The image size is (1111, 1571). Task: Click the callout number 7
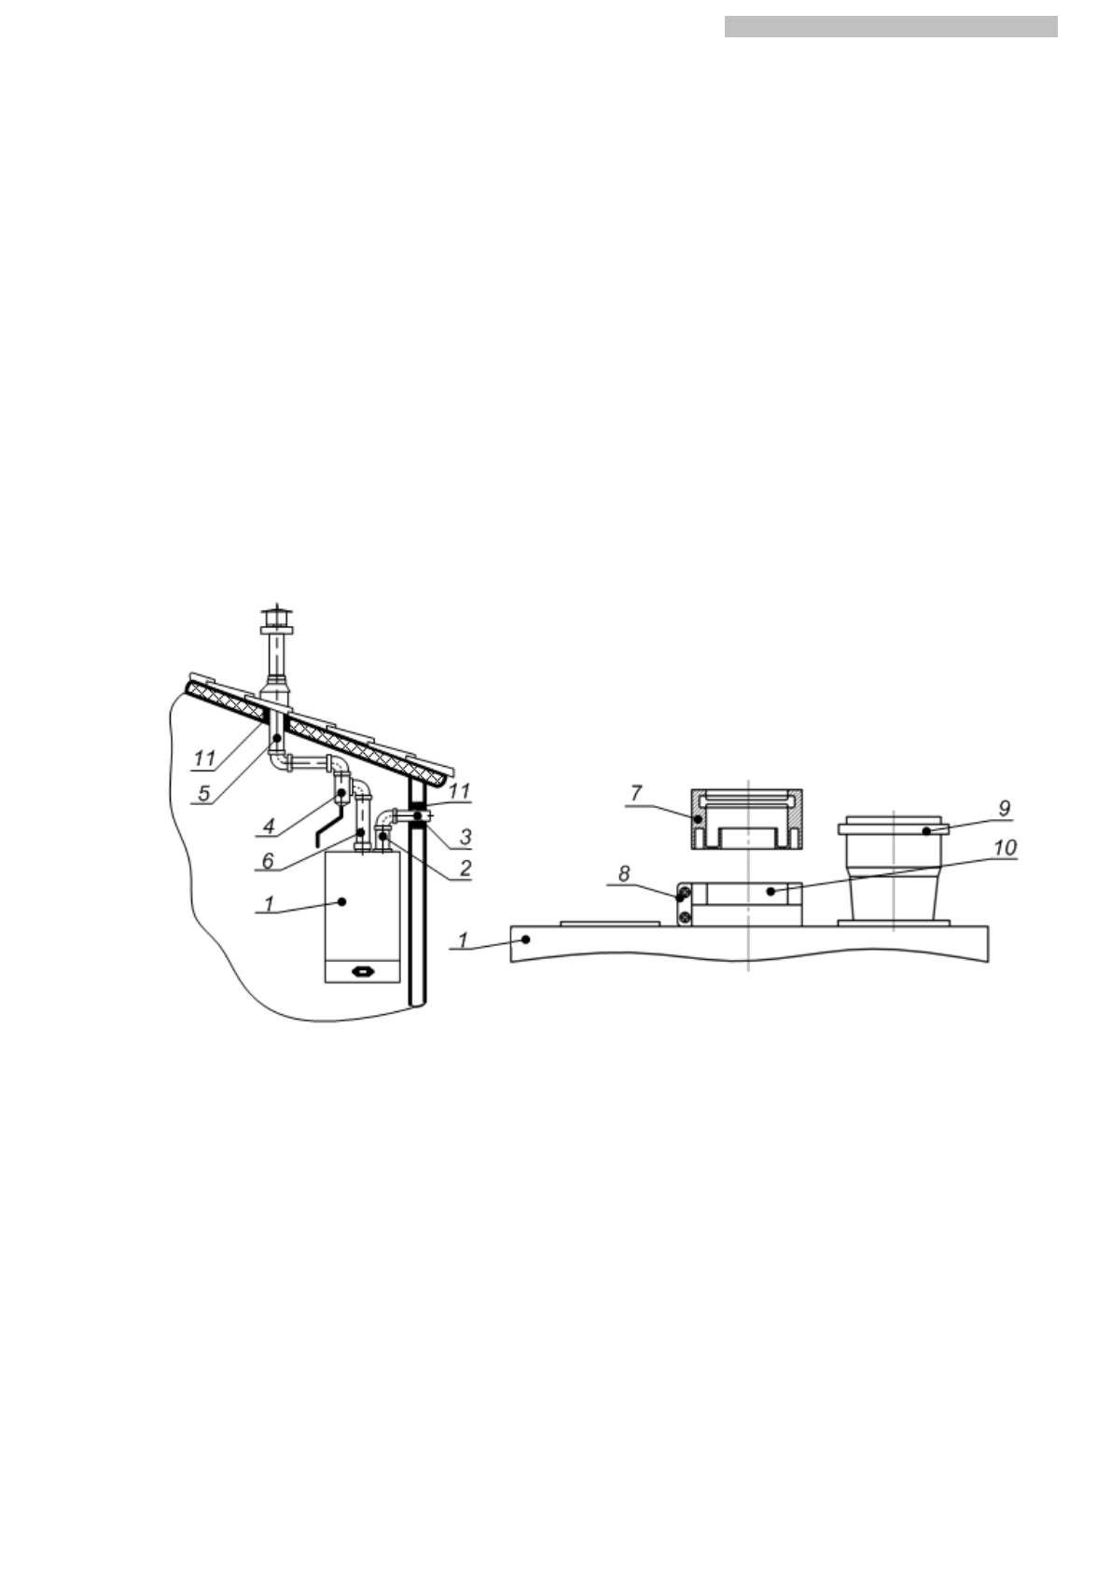click(635, 793)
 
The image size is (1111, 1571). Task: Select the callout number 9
click(1004, 809)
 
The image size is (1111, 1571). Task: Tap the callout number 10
click(1005, 848)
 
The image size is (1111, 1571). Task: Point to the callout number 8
click(623, 874)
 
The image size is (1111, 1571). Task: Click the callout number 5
click(203, 793)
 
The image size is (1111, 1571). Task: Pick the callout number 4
click(268, 827)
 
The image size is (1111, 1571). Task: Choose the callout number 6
click(267, 860)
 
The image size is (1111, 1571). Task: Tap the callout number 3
click(465, 836)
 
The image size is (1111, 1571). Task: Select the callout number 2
click(465, 869)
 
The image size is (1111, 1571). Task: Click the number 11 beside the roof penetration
click(204, 758)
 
